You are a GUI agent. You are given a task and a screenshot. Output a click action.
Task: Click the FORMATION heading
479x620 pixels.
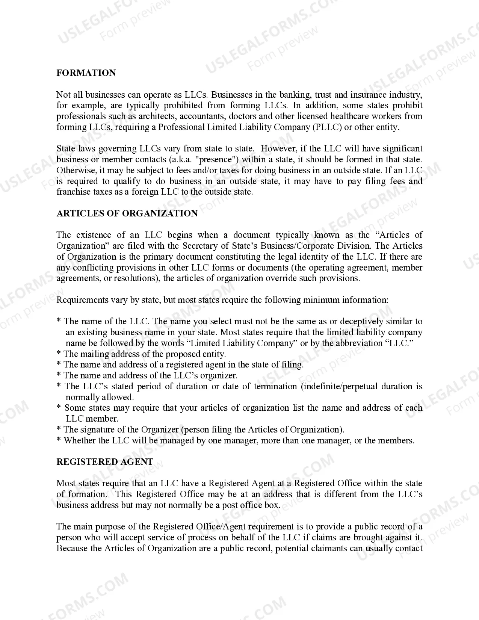[86, 73]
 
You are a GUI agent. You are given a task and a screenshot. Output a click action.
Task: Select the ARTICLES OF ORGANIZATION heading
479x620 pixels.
[127, 213]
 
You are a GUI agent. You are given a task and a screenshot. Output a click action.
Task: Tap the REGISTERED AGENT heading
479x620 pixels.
[105, 462]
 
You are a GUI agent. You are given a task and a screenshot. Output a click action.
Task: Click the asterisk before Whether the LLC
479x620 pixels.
[59, 441]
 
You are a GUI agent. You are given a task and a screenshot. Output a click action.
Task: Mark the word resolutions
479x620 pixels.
[133, 278]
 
